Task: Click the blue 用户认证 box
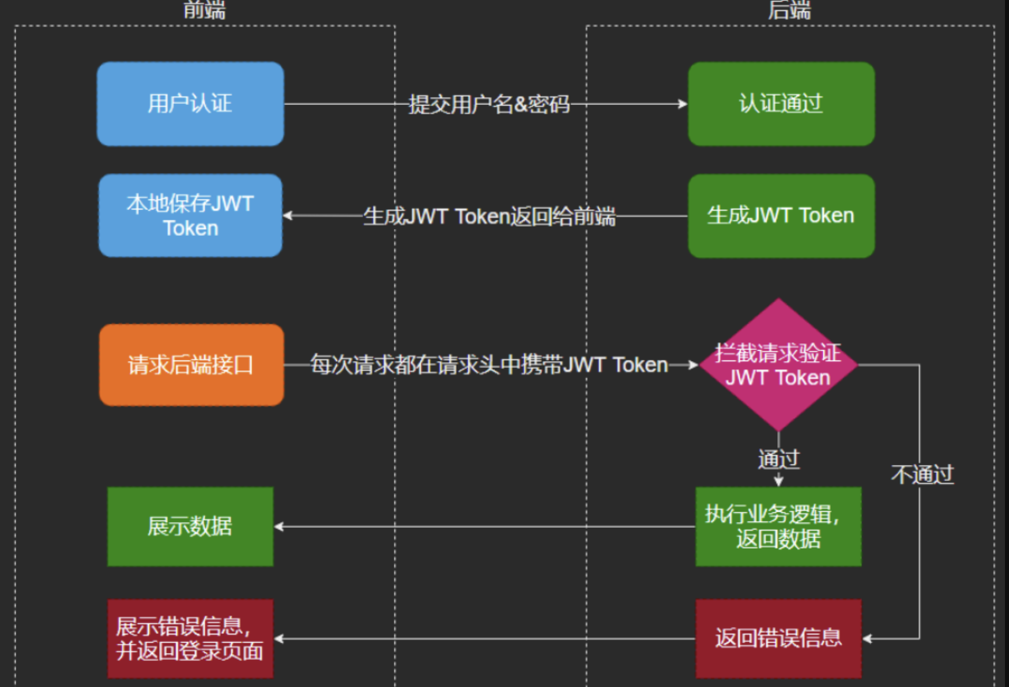[x=190, y=104]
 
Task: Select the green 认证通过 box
[x=781, y=104]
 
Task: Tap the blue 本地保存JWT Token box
[x=190, y=216]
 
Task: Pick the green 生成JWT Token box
[x=781, y=216]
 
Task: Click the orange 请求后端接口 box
[x=191, y=365]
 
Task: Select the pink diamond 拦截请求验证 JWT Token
[x=778, y=365]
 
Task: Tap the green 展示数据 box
[x=190, y=526]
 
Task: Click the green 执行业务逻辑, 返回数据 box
[x=778, y=526]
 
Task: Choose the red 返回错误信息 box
[x=778, y=638]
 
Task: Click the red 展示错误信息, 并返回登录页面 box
[x=190, y=638]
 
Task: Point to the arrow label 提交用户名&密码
[x=489, y=104]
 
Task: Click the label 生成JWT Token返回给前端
[x=489, y=216]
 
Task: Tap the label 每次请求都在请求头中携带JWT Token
[x=489, y=365]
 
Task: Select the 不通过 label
[x=923, y=475]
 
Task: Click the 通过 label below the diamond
[x=778, y=459]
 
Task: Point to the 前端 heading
[x=205, y=10]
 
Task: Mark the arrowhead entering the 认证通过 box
[x=683, y=104]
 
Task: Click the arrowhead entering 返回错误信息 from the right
[x=867, y=638]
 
